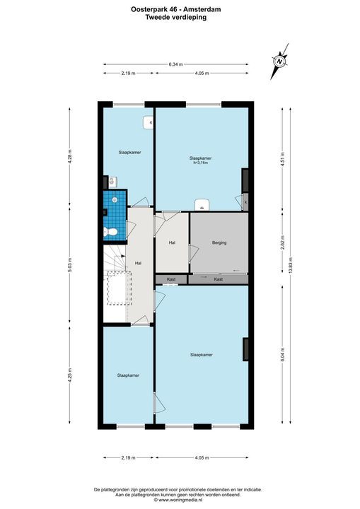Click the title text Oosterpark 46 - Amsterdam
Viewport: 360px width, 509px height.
[x=180, y=8]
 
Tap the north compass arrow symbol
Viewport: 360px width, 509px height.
[x=279, y=62]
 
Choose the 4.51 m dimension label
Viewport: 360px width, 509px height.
[x=282, y=158]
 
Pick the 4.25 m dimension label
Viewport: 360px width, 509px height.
[x=70, y=376]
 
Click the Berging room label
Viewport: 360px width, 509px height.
[x=219, y=243]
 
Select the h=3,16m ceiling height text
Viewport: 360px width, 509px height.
[x=201, y=163]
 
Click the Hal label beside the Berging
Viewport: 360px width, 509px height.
[x=171, y=243]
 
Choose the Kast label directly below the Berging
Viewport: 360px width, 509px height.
[x=219, y=280]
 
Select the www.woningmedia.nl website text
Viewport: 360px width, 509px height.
[x=180, y=499]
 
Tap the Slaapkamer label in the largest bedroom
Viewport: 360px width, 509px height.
[x=201, y=354]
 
